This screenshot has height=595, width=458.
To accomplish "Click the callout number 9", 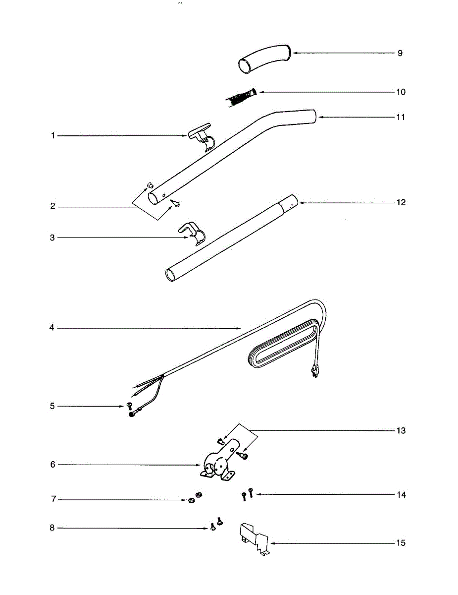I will tap(400, 53).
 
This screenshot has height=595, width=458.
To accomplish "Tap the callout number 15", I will tap(401, 543).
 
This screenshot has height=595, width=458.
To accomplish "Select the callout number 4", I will tap(52, 328).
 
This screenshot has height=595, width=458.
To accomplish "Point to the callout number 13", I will tap(401, 430).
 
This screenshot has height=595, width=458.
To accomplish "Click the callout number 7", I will tap(53, 499).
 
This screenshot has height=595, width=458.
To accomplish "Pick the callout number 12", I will tap(401, 202).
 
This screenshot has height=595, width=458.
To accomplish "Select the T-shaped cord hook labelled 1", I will tap(201, 136).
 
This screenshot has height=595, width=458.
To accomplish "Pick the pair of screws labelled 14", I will tap(247, 495).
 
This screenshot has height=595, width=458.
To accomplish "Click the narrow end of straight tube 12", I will tap(290, 203).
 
